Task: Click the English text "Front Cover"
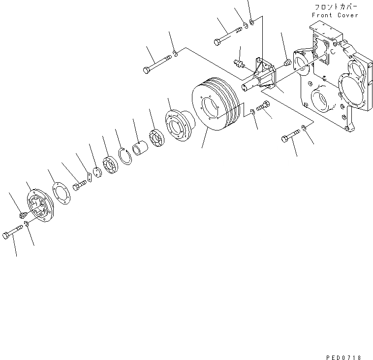[x=335, y=15]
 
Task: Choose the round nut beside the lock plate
[x=97, y=173]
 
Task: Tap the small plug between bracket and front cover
[x=287, y=63]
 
